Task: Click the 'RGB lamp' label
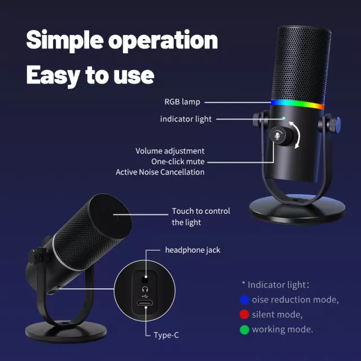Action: click(x=182, y=102)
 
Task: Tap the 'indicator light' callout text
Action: click(x=186, y=119)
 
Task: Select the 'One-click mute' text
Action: click(x=178, y=162)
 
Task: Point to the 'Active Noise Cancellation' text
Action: click(x=160, y=172)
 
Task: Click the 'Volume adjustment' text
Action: click(x=170, y=151)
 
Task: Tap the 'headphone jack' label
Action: click(x=193, y=250)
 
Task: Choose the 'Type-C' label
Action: click(x=166, y=335)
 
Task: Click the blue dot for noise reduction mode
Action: click(x=244, y=300)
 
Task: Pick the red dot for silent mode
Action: click(x=244, y=315)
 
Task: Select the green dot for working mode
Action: click(x=244, y=329)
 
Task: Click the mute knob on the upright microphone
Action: click(x=281, y=136)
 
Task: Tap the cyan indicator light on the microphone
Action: click(x=284, y=118)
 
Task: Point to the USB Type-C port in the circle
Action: click(x=144, y=303)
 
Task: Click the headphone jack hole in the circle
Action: click(x=144, y=280)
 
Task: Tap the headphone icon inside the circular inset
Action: click(x=145, y=289)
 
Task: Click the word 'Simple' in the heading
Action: click(x=65, y=40)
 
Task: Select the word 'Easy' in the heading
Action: click(x=53, y=76)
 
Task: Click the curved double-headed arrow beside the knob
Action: click(x=295, y=135)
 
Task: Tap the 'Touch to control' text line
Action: click(x=201, y=211)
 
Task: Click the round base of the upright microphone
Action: click(x=297, y=209)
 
